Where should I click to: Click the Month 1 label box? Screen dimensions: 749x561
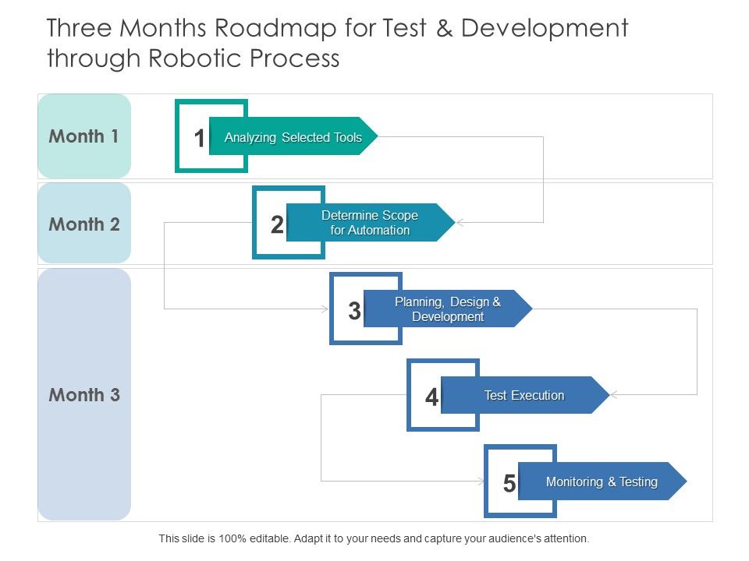[84, 136]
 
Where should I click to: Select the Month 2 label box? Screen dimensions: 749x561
[84, 224]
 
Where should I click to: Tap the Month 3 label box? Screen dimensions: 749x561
[84, 395]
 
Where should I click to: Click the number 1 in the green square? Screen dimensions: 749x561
[200, 139]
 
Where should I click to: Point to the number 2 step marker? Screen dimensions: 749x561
[277, 225]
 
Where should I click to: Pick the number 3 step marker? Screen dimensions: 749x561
[354, 312]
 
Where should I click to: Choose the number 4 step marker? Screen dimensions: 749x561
[431, 397]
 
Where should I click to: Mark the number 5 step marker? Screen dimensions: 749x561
[509, 484]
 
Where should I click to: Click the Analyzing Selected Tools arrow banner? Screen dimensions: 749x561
[293, 137]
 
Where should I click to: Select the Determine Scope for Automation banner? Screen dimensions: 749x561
[370, 223]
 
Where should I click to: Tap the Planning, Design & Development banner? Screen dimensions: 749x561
[448, 309]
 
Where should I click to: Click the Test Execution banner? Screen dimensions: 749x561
[524, 395]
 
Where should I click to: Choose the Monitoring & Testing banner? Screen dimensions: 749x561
[602, 482]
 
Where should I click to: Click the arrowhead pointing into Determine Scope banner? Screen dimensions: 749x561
[460, 223]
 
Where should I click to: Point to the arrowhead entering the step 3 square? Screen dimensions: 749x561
[325, 309]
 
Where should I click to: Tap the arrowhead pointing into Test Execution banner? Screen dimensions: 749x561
[614, 395]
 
